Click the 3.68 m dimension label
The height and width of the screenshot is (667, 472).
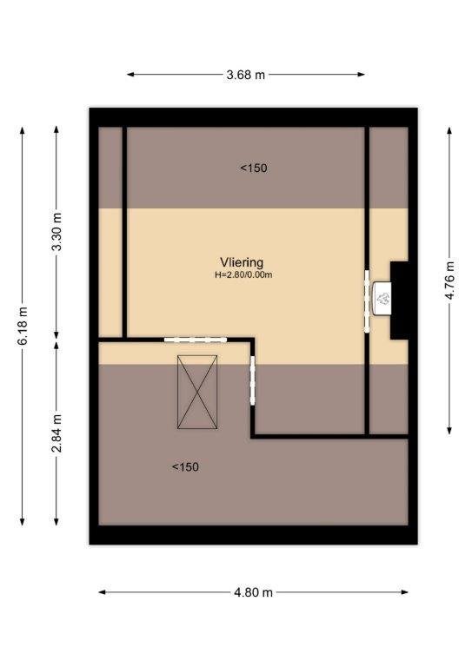(246, 75)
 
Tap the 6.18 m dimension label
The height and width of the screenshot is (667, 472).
(22, 326)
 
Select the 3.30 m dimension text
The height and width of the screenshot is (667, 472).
(57, 231)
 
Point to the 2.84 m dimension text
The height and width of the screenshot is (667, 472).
(57, 433)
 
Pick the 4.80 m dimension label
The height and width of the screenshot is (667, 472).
(253, 592)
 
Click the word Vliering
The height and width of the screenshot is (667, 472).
(242, 262)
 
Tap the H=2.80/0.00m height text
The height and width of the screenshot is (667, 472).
(243, 274)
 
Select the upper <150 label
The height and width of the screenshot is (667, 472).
(254, 168)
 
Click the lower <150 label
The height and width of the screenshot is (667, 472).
(185, 467)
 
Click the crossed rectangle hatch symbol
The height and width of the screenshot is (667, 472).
(197, 392)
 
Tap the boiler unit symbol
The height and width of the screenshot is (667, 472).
(382, 299)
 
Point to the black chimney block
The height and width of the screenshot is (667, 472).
(399, 300)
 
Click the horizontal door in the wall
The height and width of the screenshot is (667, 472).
(196, 340)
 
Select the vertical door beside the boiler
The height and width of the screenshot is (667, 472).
(367, 300)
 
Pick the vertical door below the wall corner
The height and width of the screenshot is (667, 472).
(252, 380)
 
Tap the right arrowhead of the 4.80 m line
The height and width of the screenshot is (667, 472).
(405, 592)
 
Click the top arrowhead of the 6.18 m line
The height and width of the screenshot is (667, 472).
(22, 130)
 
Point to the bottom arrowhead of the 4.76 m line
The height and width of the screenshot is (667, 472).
(449, 431)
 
